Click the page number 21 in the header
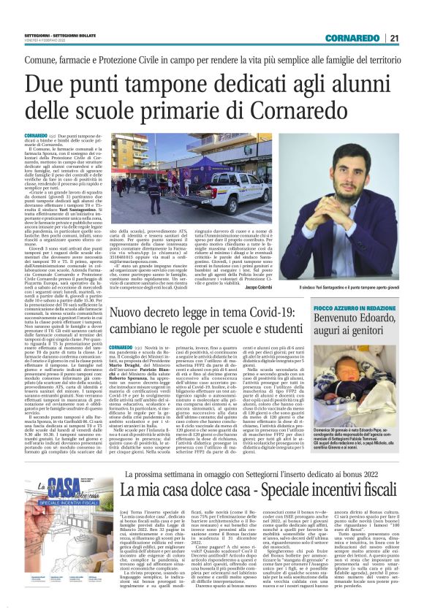coord(394,38)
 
